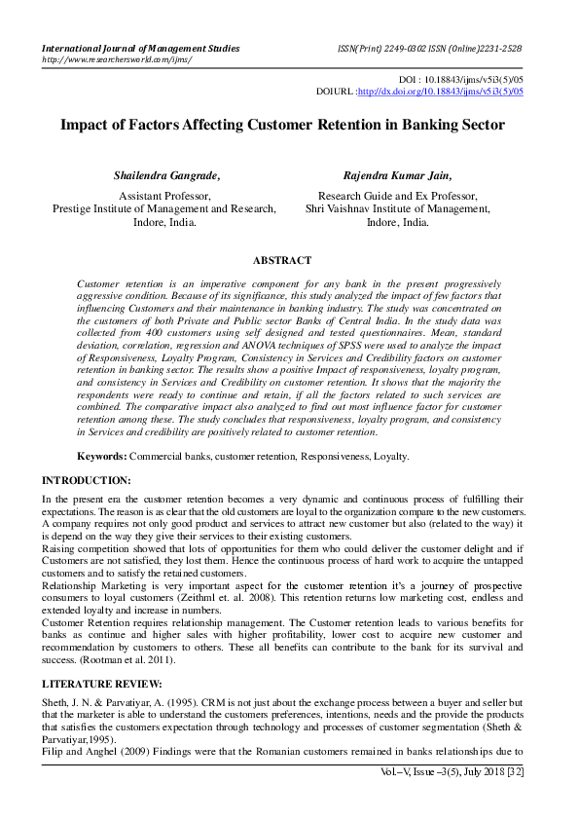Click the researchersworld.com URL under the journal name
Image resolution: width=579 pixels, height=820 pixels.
116,59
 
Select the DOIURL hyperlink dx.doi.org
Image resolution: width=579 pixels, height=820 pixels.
441,92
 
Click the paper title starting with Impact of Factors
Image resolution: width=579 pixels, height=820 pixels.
282,125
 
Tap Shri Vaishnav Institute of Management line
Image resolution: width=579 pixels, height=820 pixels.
397,207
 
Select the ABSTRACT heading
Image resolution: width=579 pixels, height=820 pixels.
282,261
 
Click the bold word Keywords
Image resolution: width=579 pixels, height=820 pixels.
102,456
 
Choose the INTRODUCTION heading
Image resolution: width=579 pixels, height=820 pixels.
87,480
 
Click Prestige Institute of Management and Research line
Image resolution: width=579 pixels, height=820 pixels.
164,207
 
